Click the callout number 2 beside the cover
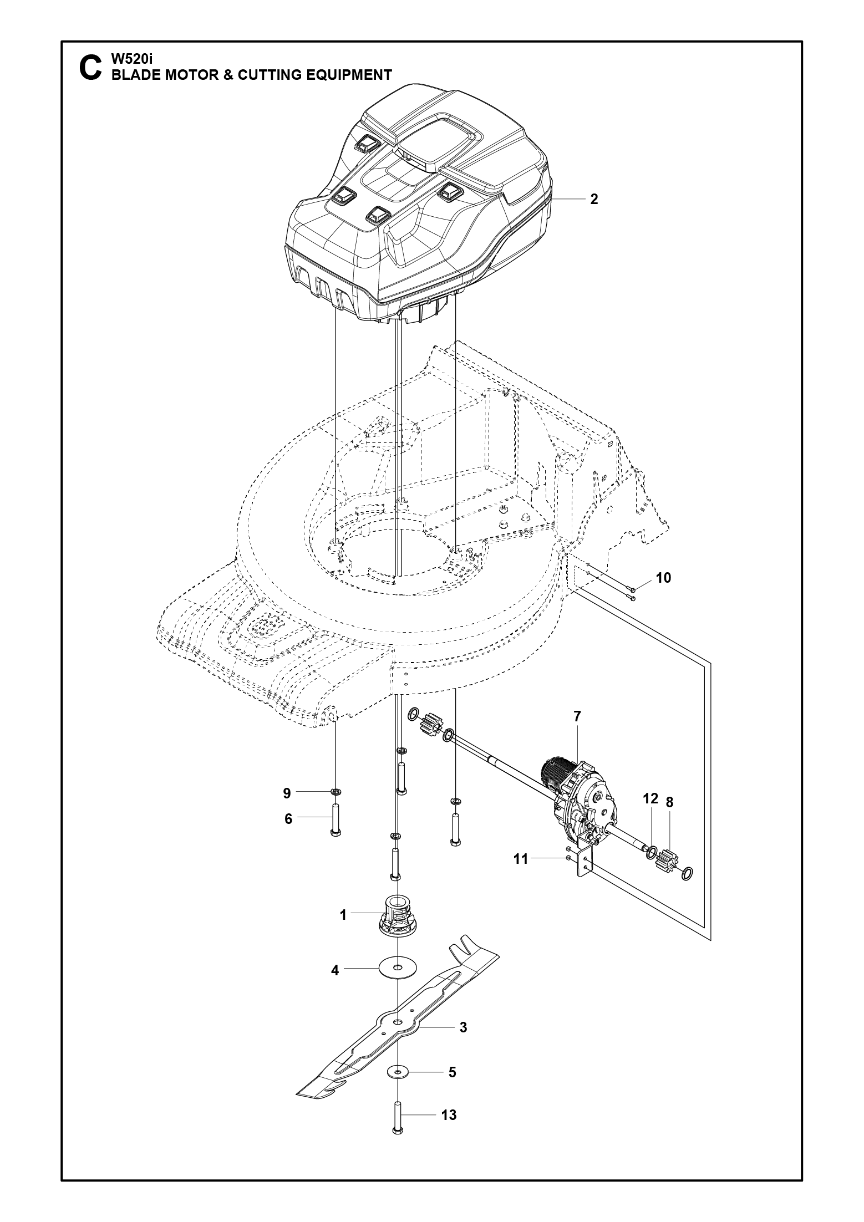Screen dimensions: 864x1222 (594, 200)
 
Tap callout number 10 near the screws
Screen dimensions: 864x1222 (663, 578)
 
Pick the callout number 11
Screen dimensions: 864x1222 (521, 860)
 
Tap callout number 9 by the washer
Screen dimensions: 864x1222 (287, 793)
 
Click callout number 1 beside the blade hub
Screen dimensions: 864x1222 (343, 915)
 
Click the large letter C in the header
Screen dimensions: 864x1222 (90, 68)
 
